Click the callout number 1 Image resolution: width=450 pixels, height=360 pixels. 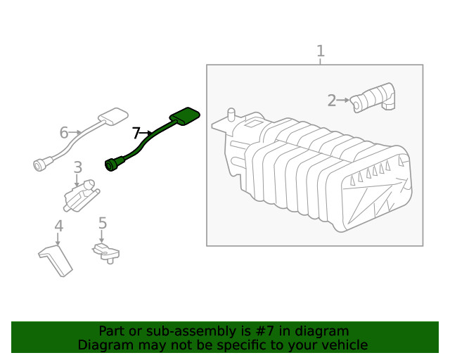[x=320, y=51]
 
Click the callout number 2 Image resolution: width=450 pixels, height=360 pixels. [x=331, y=101]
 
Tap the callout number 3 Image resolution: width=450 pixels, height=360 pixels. [x=77, y=167]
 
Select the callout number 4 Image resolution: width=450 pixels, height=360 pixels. [x=59, y=226]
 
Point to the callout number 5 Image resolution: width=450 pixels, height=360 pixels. [x=103, y=224]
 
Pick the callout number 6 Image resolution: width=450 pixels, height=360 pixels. [x=64, y=132]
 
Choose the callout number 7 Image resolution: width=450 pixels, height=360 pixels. [x=136, y=131]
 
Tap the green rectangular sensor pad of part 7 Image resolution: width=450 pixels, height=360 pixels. [x=184, y=116]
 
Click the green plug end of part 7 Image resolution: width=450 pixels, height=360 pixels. [x=112, y=165]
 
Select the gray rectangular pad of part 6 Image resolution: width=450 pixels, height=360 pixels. [x=112, y=116]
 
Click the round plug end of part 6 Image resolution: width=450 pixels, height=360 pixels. [x=40, y=165]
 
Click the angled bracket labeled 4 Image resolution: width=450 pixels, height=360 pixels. [x=56, y=259]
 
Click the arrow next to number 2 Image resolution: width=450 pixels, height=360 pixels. [x=344, y=101]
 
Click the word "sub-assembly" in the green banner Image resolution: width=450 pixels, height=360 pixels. [x=179, y=331]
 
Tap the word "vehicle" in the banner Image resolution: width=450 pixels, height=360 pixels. [x=345, y=345]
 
